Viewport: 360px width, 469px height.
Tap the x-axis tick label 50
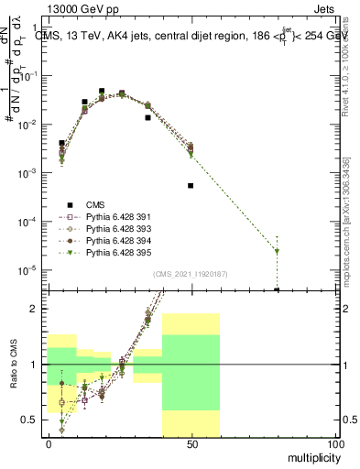(x=191, y=443)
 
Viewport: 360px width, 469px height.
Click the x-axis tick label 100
(x=334, y=443)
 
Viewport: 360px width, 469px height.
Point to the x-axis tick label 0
(x=49, y=443)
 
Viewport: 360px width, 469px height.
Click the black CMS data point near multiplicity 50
(x=191, y=185)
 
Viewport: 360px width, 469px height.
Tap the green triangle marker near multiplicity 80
(x=277, y=251)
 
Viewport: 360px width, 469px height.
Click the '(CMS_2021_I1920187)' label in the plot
(x=190, y=273)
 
